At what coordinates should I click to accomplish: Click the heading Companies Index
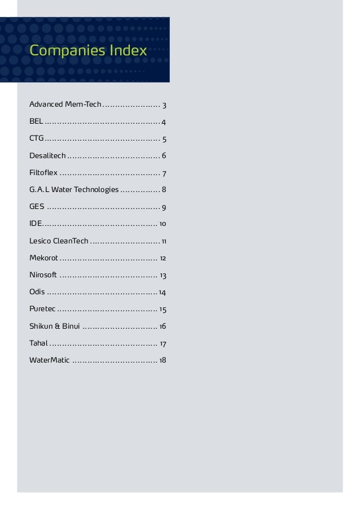(88, 51)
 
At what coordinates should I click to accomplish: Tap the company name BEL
(36, 122)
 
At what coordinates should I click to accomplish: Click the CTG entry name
(37, 139)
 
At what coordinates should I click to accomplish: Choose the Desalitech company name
(47, 156)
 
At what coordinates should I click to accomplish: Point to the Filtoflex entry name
(43, 173)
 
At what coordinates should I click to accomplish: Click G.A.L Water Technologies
(74, 190)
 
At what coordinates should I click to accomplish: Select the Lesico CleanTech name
(59, 241)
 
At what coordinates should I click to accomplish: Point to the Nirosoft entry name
(43, 276)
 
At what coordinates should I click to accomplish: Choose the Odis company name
(37, 293)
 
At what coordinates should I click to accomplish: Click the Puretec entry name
(42, 310)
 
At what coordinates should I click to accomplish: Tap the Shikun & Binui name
(54, 326)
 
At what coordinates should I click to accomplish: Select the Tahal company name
(38, 343)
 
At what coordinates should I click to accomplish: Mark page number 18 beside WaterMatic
(163, 360)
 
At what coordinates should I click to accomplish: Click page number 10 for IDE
(163, 224)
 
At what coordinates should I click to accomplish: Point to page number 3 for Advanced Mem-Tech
(164, 105)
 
